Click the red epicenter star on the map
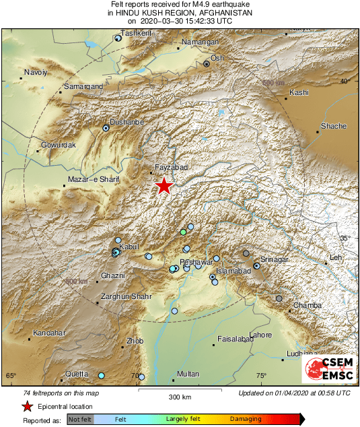(164, 186)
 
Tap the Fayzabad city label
(170, 166)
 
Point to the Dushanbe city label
(127, 122)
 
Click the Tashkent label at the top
(135, 33)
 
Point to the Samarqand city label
(83, 86)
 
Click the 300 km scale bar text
(178, 397)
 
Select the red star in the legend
(27, 406)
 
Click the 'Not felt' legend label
(79, 419)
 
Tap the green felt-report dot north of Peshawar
(183, 232)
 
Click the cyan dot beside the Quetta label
(102, 375)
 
